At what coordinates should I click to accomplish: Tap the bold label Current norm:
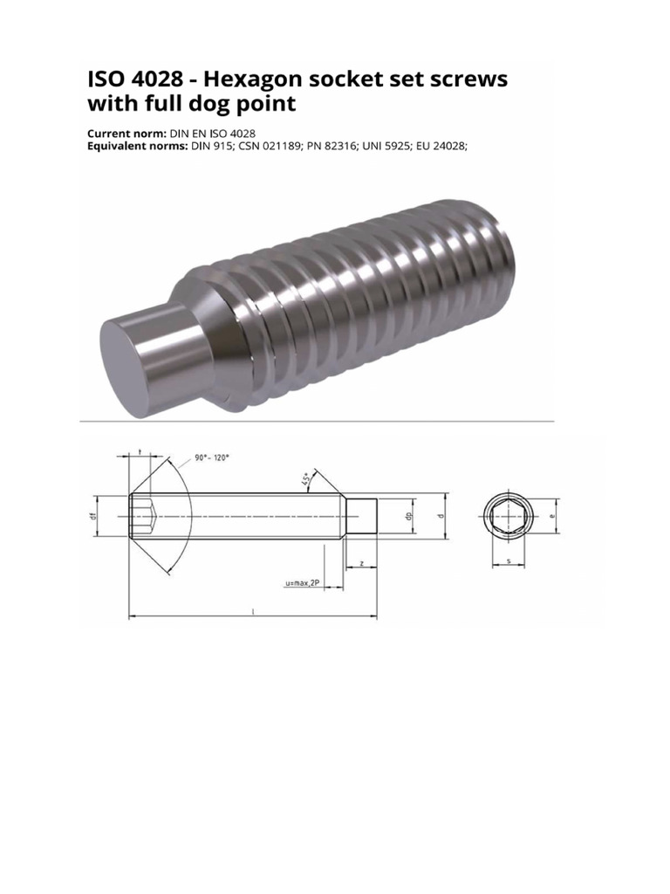click(126, 133)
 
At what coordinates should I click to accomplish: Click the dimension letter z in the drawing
click(361, 564)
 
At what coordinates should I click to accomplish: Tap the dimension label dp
click(409, 516)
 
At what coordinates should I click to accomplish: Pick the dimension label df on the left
click(92, 516)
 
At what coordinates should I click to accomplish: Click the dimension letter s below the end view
click(507, 562)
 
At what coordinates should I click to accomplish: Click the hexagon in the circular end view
click(506, 517)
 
